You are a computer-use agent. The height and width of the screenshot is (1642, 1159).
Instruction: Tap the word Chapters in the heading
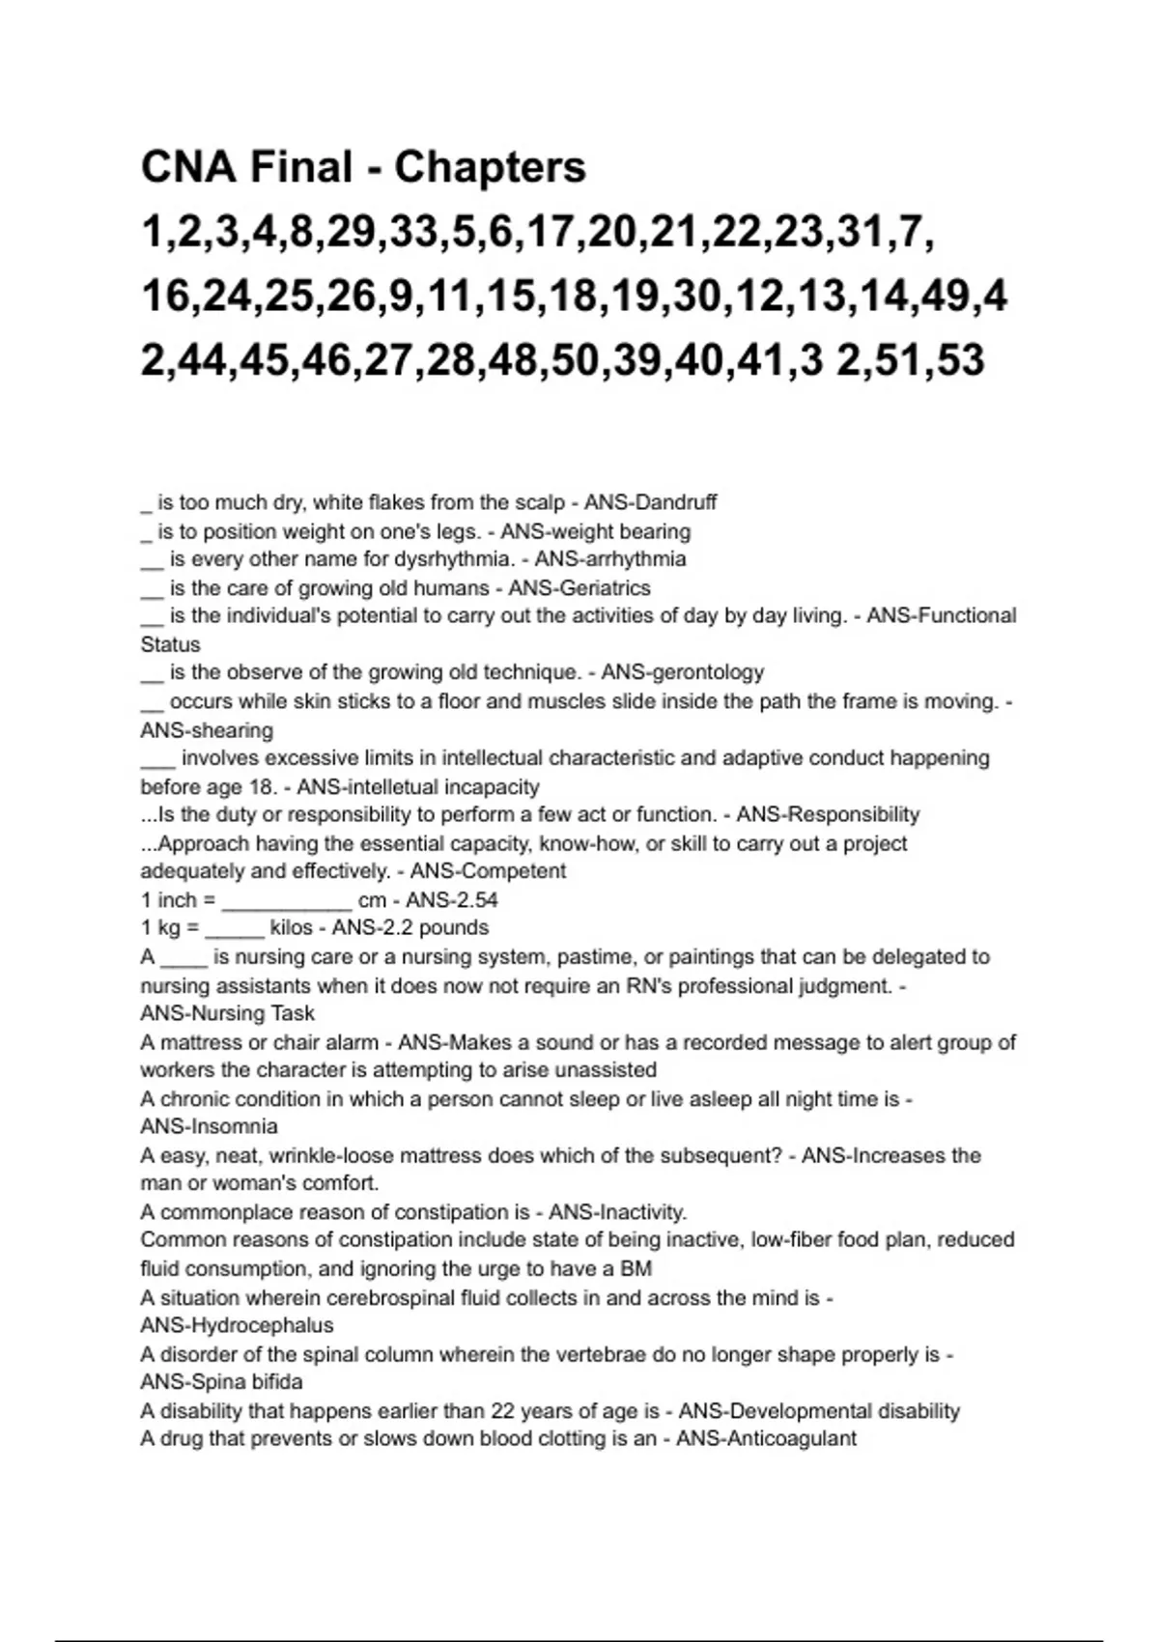tap(490, 167)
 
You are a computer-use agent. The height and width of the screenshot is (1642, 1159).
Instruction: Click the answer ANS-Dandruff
tap(650, 502)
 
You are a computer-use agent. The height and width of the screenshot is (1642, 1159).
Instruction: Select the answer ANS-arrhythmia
tap(610, 559)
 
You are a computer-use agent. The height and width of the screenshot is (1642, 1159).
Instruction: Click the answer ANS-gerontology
tap(682, 672)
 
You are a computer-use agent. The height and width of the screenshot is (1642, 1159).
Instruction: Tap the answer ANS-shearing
tap(207, 730)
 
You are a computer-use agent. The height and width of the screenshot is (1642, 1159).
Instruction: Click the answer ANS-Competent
tap(488, 871)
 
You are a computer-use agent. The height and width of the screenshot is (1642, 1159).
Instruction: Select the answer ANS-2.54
tap(452, 900)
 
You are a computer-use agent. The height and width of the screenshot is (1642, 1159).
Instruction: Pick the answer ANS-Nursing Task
tap(228, 1013)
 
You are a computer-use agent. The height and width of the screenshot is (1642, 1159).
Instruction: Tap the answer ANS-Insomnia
tap(209, 1126)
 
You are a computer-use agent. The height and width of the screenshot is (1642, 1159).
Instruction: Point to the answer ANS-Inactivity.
tap(618, 1212)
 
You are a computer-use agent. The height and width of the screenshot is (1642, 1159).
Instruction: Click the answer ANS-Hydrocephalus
tap(237, 1325)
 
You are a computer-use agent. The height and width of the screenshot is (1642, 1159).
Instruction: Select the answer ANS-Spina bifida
tap(221, 1382)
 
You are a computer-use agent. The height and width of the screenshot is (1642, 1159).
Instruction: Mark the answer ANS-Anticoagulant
tap(766, 1439)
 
